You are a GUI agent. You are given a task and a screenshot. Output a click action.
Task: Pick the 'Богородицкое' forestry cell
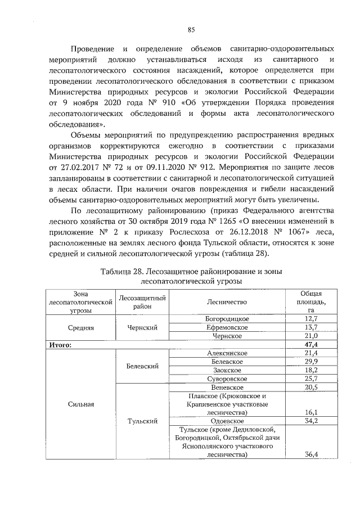tap(227, 319)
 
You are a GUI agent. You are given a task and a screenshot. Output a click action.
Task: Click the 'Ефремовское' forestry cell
tap(227, 327)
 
